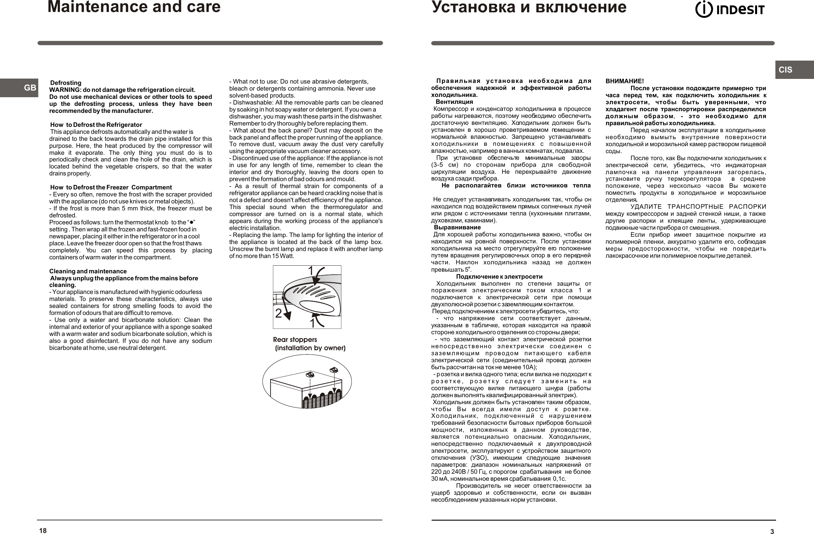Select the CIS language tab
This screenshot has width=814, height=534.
pyautogui.click(x=785, y=70)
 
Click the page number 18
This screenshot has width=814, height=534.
pyautogui.click(x=43, y=531)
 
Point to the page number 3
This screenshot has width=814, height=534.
pyautogui.click(x=772, y=531)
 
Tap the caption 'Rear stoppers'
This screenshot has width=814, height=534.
pyautogui.click(x=295, y=340)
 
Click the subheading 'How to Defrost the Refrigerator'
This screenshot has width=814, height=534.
pyautogui.click(x=96, y=125)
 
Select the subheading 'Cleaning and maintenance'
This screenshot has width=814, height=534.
pyautogui.click(x=88, y=271)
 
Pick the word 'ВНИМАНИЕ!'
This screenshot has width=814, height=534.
pyautogui.click(x=625, y=82)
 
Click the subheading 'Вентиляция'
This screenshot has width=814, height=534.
pyautogui.click(x=454, y=102)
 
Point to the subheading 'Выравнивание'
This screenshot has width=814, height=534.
pyautogui.click(x=457, y=227)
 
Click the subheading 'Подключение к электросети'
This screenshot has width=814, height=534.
pyautogui.click(x=499, y=277)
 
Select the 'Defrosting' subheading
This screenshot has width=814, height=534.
pyautogui.click(x=66, y=83)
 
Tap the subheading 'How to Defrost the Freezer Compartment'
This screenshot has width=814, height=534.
pyautogui.click(x=111, y=187)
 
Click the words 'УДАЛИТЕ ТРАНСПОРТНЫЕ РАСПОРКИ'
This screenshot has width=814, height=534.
pyautogui.click(x=698, y=207)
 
